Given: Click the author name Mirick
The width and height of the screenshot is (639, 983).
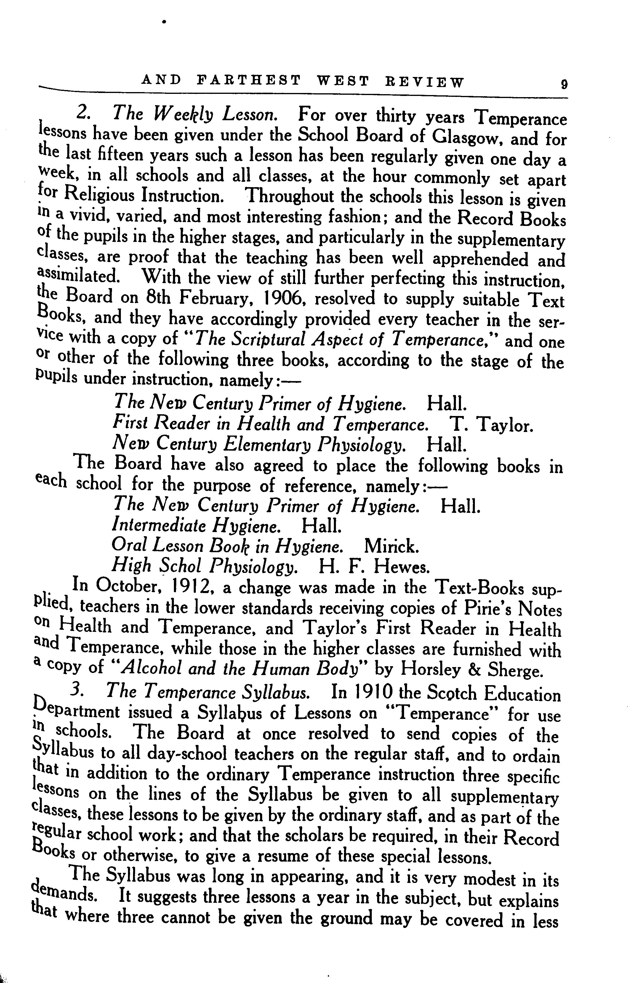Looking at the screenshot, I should pos(391,547).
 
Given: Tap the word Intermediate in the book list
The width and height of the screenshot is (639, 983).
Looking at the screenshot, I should pos(159,525).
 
